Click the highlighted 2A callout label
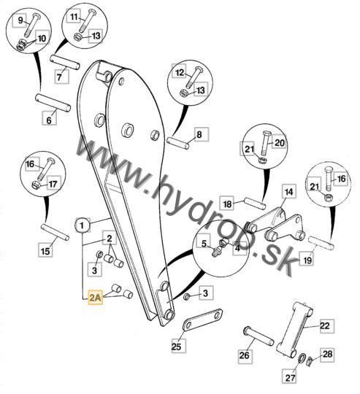95,298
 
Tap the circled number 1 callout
83,225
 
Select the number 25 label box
179,346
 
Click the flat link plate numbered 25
202,320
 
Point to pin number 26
258,336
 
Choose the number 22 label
327,326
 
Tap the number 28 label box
328,355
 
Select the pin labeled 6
53,102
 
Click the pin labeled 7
64,62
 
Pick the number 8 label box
202,134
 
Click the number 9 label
21,20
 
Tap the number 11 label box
74,17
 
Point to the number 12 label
180,73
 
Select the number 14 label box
288,192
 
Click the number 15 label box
45,250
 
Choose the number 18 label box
227,204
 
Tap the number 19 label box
307,260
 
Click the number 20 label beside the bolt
280,142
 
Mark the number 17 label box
53,184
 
